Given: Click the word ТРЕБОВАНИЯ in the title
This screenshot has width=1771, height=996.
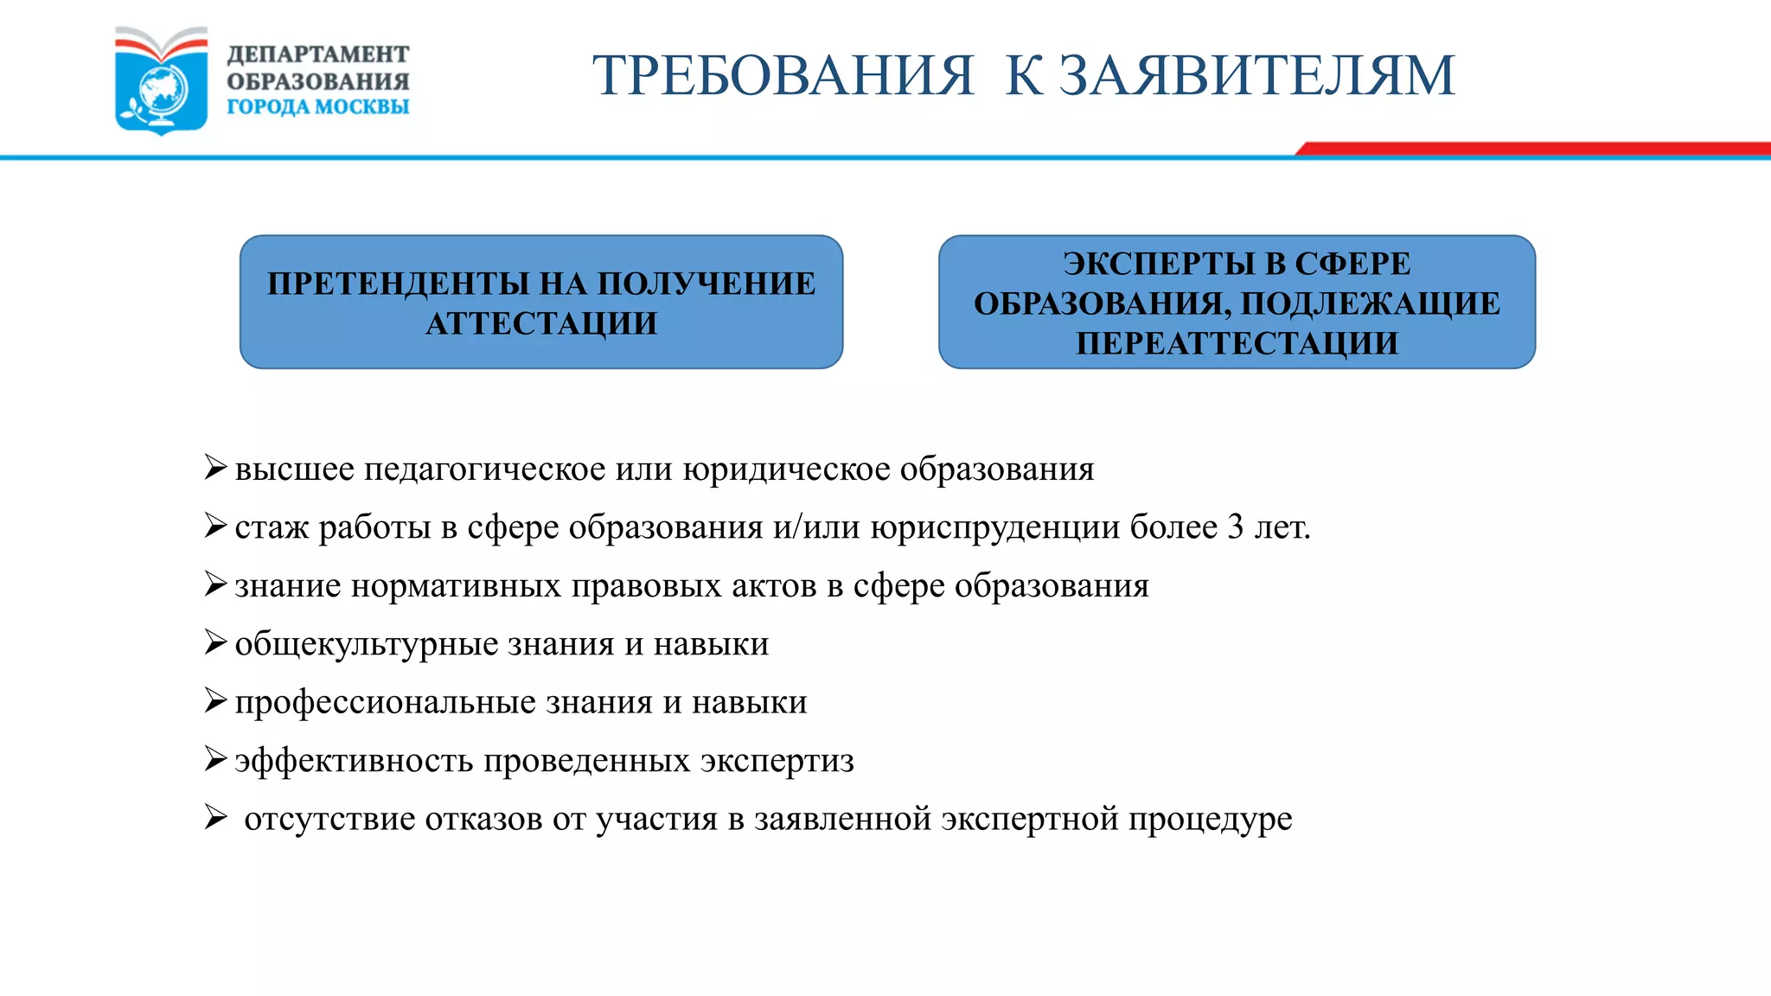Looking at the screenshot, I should tap(783, 75).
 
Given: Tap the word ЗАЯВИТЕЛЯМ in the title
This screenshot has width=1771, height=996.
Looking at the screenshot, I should tap(1258, 75).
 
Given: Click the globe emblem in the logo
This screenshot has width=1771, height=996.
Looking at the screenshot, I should tap(162, 89).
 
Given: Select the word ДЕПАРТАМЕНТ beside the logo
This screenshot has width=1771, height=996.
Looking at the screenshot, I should tap(317, 54).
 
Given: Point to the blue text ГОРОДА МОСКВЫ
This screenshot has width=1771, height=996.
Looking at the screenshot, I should tap(317, 107).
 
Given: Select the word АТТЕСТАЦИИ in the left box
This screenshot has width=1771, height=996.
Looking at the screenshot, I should tap(541, 323).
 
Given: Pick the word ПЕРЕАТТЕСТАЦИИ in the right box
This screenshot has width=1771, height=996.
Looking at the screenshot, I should tap(1237, 343).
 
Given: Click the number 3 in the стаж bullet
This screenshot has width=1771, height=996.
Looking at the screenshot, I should tap(1236, 527).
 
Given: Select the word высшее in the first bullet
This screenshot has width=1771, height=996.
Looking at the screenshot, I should tap(294, 469).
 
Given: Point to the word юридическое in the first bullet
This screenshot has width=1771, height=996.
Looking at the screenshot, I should tap(786, 469).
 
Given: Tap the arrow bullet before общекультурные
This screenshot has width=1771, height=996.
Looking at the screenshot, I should tap(215, 642).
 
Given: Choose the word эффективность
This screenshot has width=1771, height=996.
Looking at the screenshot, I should tap(354, 761).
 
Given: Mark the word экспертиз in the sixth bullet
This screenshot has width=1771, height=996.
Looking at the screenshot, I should tap(777, 761).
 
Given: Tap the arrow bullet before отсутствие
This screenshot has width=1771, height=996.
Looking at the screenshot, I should tap(215, 817).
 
